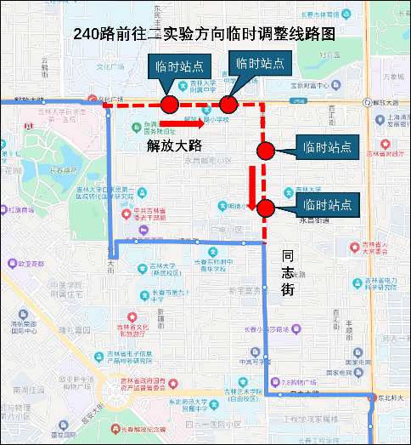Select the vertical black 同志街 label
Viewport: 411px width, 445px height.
288,272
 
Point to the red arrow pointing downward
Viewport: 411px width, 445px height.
253,188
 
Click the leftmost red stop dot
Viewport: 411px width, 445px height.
169,105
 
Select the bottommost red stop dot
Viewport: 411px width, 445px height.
265,207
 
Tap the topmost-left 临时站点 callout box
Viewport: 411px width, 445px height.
173,66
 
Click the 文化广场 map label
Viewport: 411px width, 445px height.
110,66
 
